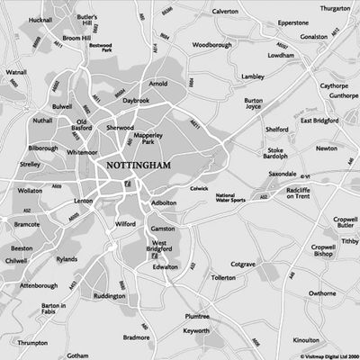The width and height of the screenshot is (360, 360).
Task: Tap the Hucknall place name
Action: pos(40,21)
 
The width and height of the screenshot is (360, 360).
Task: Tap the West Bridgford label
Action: pos(162,248)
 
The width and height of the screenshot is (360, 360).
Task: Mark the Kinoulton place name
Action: pos(306,340)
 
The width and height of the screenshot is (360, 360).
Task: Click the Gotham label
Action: pos(78,355)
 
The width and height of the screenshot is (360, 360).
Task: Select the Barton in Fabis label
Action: pos(54,310)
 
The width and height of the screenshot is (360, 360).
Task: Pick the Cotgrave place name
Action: pos(243,264)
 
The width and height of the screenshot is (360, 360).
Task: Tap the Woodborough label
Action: pos(212,43)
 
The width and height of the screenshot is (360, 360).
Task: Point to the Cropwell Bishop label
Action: pos(323,250)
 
